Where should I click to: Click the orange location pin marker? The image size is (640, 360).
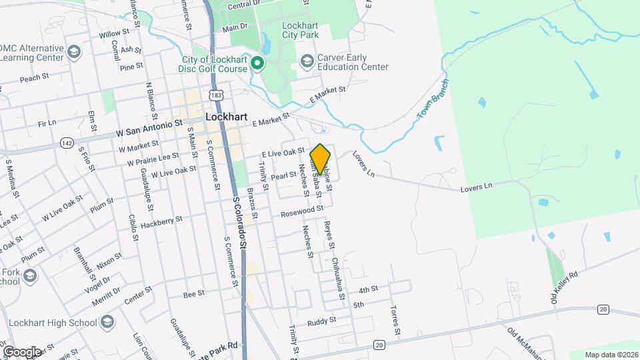pos(321,159)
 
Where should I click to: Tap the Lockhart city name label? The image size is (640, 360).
pos(227,117)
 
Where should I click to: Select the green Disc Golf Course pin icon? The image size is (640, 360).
pos(257,64)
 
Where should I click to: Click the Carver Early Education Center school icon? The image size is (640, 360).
pos(307,62)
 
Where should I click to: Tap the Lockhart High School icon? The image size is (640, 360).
pos(106,323)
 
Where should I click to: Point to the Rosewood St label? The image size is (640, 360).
pos(302,211)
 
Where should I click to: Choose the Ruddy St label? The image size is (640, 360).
pos(322,321)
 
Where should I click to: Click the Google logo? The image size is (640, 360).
pos(21,351)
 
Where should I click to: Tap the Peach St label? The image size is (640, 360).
pos(35,78)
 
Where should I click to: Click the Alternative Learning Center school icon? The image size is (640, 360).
pos(74,52)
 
